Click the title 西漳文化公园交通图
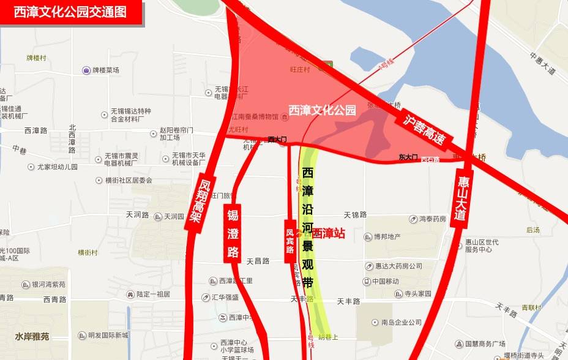pos(70,12)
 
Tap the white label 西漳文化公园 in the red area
pos(322,111)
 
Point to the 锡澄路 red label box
pos(233,233)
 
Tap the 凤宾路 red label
pos(290,241)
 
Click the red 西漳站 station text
pos(328,233)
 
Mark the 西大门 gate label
pos(277,140)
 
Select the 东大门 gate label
pos(408,157)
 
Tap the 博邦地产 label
pos(387,236)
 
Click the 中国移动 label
pos(384,282)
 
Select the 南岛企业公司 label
pos(401,322)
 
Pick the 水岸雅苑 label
pos(32,336)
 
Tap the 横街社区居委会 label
pos(128,181)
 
